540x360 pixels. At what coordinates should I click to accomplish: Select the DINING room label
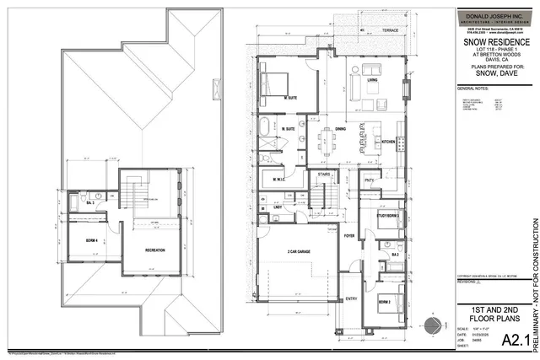point(340,129)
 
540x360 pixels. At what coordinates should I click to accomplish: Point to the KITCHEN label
point(389,141)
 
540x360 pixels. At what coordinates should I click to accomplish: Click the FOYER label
point(349,236)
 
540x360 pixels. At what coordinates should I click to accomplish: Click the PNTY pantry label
point(369,180)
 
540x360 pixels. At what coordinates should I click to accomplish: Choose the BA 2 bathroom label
point(394,253)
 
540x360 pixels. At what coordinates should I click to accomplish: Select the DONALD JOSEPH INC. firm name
point(496,13)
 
